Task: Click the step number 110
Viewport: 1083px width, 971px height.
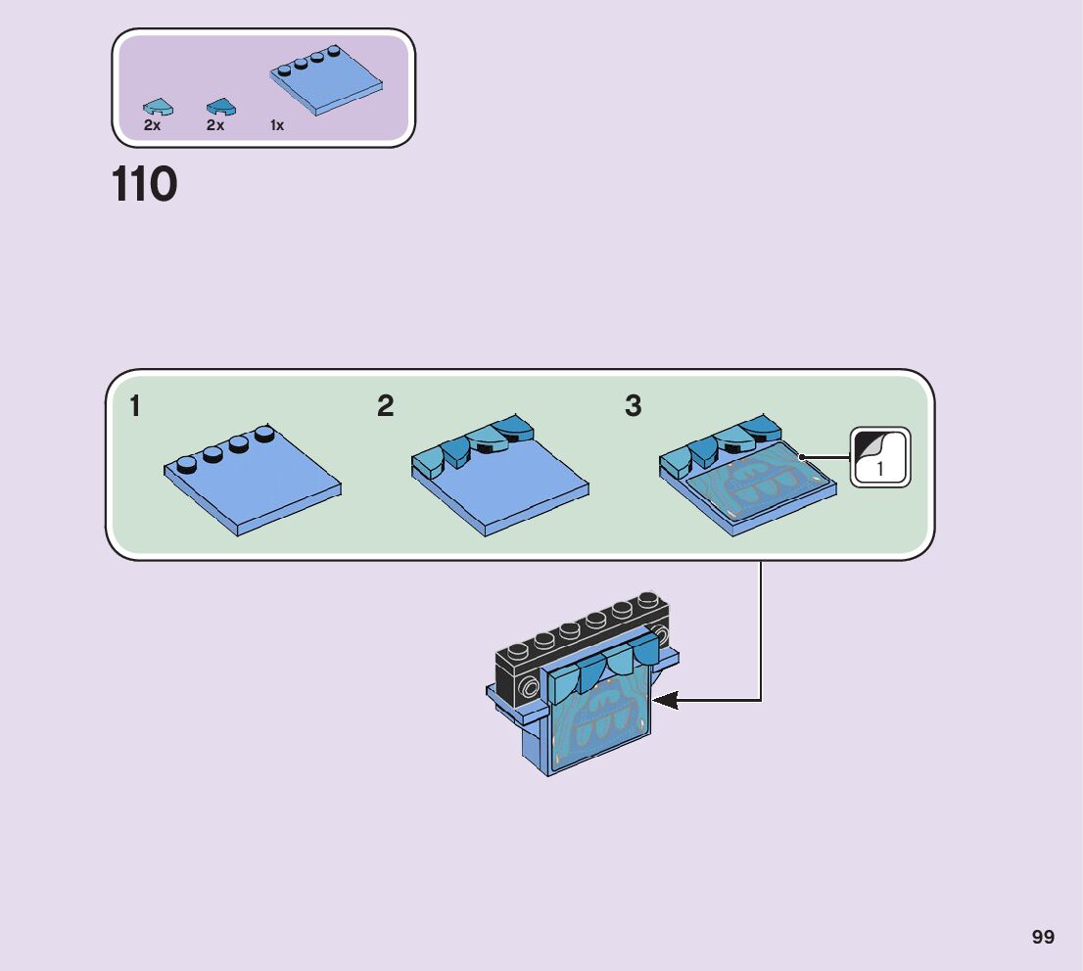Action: [x=144, y=184]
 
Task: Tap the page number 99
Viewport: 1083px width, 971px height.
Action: [x=1043, y=937]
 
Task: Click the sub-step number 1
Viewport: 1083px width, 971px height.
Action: [x=135, y=406]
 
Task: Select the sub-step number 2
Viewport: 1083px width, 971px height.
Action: [x=386, y=405]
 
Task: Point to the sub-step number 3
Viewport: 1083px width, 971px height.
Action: [x=633, y=405]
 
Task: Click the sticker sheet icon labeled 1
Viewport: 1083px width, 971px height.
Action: [x=880, y=457]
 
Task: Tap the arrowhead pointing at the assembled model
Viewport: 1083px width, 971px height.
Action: [x=665, y=701]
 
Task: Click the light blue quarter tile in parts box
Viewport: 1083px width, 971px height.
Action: [x=159, y=108]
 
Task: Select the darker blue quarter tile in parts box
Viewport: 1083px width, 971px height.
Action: [x=221, y=107]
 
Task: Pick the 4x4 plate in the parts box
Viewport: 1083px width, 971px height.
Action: [x=325, y=81]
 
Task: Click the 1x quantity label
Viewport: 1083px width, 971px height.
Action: [x=277, y=125]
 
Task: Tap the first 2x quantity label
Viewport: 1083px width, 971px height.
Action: [x=152, y=125]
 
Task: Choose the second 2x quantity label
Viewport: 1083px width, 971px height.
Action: [x=214, y=125]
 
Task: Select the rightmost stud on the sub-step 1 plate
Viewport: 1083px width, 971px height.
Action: [x=264, y=433]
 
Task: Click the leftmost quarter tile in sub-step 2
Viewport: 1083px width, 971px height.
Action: [x=428, y=461]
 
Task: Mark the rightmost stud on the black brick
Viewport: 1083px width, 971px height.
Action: [x=648, y=599]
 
